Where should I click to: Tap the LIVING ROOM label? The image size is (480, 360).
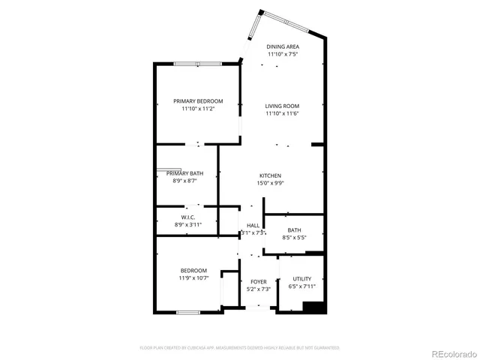(282, 106)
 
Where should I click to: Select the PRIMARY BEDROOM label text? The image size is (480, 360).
(198, 101)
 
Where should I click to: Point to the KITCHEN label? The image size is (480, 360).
(271, 175)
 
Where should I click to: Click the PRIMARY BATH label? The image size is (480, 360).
(184, 173)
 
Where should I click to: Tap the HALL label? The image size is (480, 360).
(253, 225)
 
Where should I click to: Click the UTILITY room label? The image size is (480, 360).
(301, 278)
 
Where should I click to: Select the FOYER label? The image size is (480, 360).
(259, 282)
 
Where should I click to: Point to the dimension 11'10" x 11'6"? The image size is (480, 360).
(282, 113)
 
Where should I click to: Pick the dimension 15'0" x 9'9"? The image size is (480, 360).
(271, 183)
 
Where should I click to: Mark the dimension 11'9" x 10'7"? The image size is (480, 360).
(193, 278)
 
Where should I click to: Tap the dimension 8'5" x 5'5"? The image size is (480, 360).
(294, 238)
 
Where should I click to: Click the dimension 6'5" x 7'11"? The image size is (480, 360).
(301, 286)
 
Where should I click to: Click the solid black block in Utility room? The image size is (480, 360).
(313, 307)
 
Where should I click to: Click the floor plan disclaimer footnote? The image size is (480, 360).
(240, 348)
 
